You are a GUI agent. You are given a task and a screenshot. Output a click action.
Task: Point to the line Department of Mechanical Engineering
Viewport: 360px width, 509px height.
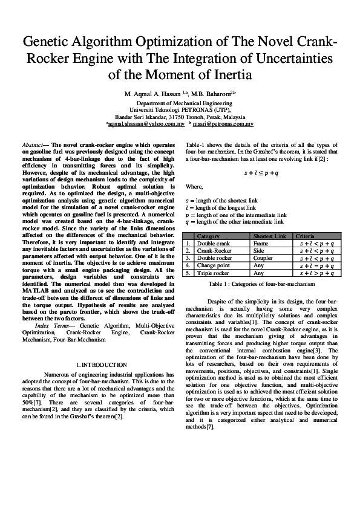pyautogui.click(x=180, y=103)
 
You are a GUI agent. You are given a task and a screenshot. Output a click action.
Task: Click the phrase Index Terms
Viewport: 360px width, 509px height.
pyautogui.click(x=52, y=326)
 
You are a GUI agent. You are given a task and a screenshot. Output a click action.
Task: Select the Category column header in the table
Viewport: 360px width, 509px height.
pyautogui.click(x=209, y=235)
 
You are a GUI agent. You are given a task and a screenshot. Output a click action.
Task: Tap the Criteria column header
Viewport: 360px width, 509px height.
pyautogui.click(x=305, y=235)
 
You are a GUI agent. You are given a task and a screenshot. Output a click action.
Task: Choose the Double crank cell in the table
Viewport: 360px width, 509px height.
pyautogui.click(x=214, y=242)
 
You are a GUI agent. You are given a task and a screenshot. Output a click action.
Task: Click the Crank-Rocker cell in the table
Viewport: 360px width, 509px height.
pyautogui.click(x=214, y=250)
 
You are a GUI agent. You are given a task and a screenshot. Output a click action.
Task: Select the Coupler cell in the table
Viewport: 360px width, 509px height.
pyautogui.click(x=264, y=258)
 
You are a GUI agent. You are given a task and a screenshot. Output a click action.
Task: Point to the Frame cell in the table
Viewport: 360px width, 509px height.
pyautogui.click(x=261, y=242)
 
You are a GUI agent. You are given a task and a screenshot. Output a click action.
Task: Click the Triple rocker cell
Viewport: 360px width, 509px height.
pyautogui.click(x=214, y=273)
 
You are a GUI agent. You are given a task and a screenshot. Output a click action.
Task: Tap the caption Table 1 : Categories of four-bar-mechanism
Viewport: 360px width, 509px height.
pyautogui.click(x=261, y=283)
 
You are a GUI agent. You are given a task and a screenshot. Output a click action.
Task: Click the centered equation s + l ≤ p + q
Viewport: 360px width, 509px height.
pyautogui.click(x=261, y=173)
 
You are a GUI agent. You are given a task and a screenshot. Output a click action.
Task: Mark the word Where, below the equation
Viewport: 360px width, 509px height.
pyautogui.click(x=194, y=187)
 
